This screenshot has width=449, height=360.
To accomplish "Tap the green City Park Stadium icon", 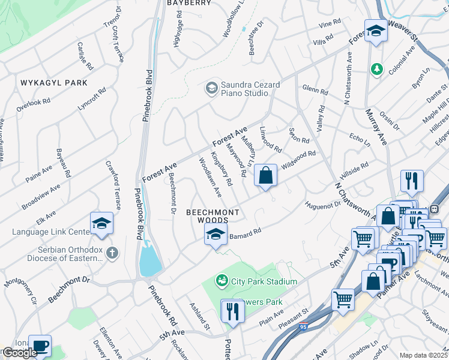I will [x=221, y=281].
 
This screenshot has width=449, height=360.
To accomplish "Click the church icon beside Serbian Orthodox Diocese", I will [x=112, y=252].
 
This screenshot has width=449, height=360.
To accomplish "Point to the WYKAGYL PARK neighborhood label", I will [x=53, y=83].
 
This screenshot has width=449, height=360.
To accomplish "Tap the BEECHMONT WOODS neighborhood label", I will [x=212, y=217].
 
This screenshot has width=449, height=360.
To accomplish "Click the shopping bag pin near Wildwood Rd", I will [x=265, y=176].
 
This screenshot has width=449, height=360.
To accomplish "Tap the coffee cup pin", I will [x=40, y=346].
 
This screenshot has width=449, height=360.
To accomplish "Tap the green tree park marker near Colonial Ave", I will [x=376, y=70].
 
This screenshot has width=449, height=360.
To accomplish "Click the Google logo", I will [x=19, y=353].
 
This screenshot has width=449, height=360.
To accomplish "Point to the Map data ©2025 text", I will [x=423, y=355].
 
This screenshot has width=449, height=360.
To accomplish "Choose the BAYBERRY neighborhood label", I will [x=189, y=3].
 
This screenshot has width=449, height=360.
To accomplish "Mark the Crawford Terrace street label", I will [x=112, y=180].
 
